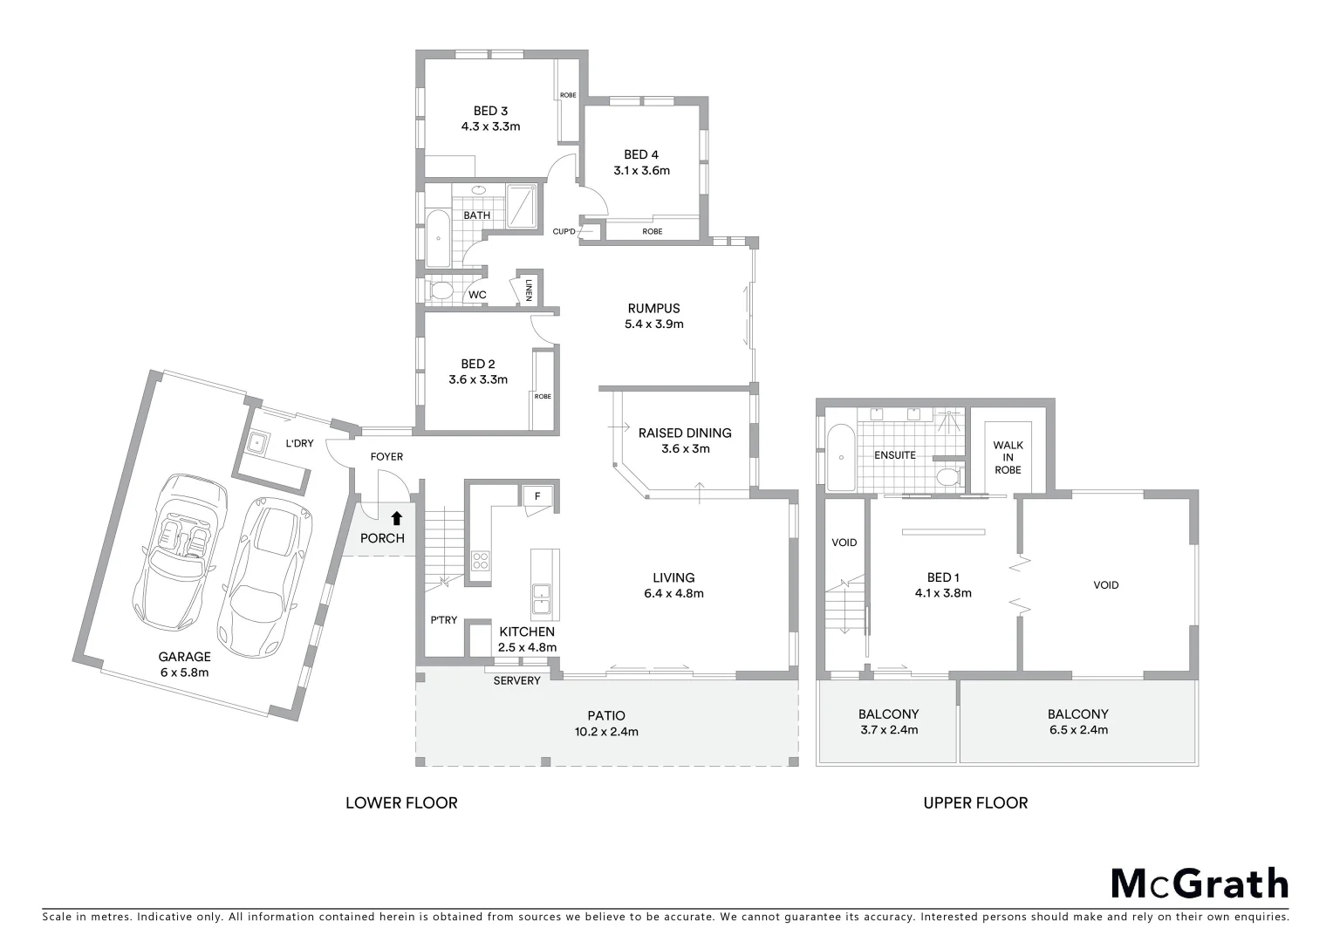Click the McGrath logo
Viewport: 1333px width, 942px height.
click(1199, 883)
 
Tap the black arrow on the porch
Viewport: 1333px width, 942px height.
click(397, 518)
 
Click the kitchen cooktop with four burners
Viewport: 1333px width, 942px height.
click(480, 561)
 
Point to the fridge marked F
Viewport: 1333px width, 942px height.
click(537, 496)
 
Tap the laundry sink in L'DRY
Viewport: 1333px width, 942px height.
click(258, 444)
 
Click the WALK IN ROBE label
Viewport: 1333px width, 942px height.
click(1008, 457)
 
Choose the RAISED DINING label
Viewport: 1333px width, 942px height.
click(685, 433)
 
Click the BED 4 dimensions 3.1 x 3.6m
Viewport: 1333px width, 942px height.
click(641, 171)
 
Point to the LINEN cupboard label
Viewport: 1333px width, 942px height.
click(528, 289)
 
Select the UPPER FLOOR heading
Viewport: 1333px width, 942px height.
click(975, 802)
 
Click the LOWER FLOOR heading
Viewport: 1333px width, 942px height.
click(401, 802)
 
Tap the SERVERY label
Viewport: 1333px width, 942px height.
click(516, 680)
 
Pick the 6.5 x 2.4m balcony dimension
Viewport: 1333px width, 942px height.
click(1078, 730)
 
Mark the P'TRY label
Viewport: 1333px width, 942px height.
click(443, 620)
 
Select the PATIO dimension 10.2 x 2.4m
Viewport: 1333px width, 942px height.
click(606, 732)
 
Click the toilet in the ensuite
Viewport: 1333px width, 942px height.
click(947, 477)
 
